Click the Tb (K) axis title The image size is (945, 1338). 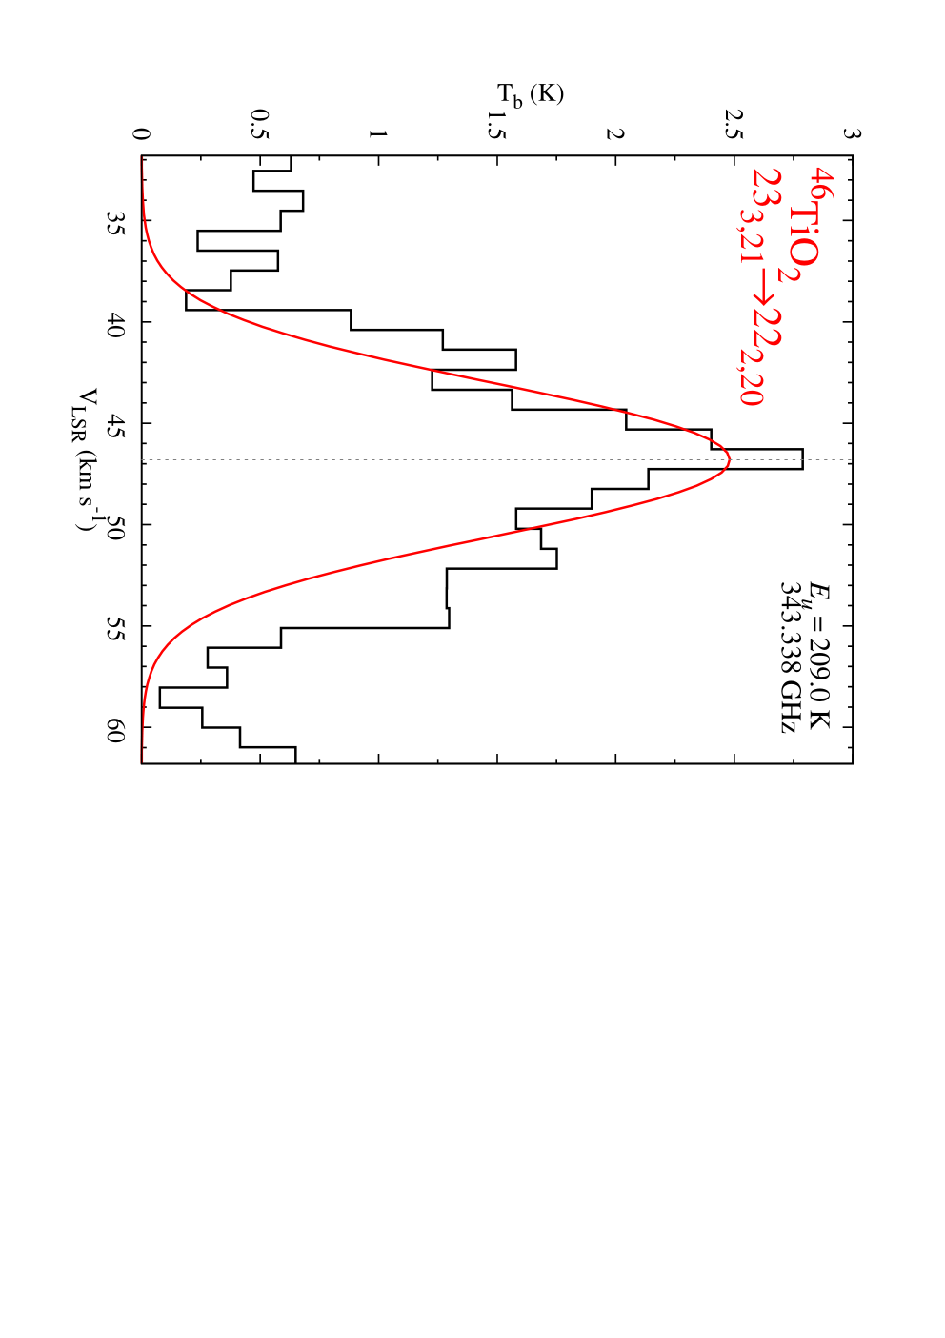(x=530, y=95)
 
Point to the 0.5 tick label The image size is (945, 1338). (x=260, y=124)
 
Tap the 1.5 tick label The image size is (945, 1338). (x=496, y=124)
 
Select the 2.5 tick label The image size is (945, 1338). (x=734, y=124)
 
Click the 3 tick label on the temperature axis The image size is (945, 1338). (x=852, y=132)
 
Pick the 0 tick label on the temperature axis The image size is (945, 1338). (x=141, y=132)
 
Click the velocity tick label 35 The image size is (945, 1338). (x=116, y=221)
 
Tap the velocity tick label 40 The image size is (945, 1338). (x=116, y=322)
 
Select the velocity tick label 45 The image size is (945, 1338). (x=116, y=423)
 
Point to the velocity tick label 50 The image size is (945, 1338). (x=116, y=525)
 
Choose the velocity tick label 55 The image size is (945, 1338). (x=116, y=626)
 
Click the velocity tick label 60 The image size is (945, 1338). (x=116, y=728)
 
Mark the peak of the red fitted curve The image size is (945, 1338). (x=730, y=460)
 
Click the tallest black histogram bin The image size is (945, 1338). (x=803, y=458)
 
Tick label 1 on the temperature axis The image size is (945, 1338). (x=378, y=132)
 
